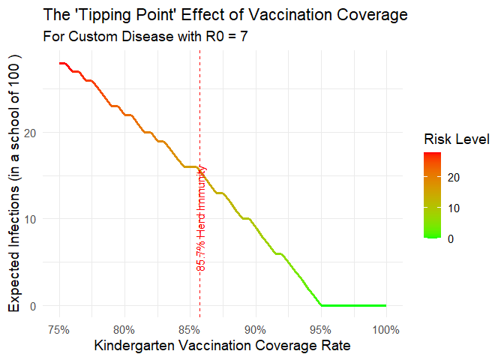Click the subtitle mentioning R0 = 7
click(x=146, y=36)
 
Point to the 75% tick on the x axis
click(x=59, y=329)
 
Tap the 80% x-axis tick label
click(x=124, y=329)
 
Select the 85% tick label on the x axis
click(x=190, y=329)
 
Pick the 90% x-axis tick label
click(x=256, y=329)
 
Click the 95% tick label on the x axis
click(x=321, y=329)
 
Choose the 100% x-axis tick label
click(x=385, y=329)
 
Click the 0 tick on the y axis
click(x=34, y=306)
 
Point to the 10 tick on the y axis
click(x=31, y=219)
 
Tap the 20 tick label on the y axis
click(x=31, y=133)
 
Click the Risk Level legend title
click(x=456, y=139)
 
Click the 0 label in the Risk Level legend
click(x=451, y=238)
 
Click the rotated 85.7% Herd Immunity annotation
click(x=201, y=219)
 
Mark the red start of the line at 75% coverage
click(x=60, y=64)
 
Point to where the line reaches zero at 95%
click(x=321, y=305)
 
